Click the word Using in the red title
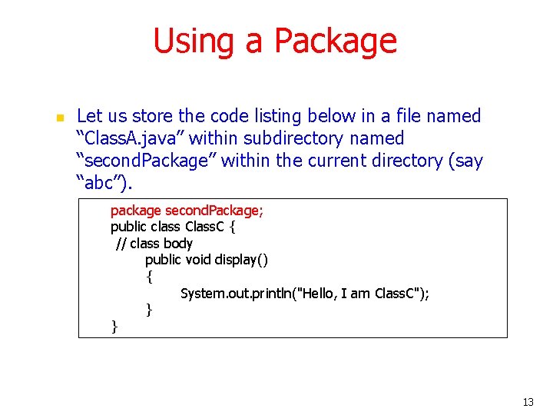point(194,41)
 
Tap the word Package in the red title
point(335,41)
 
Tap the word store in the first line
point(153,116)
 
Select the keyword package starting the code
point(136,211)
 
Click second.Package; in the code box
point(214,211)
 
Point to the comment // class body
point(154,244)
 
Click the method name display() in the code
point(242,260)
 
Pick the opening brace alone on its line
point(149,276)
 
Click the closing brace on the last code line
point(114,327)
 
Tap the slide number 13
point(527,402)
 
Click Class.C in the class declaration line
point(205,227)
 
